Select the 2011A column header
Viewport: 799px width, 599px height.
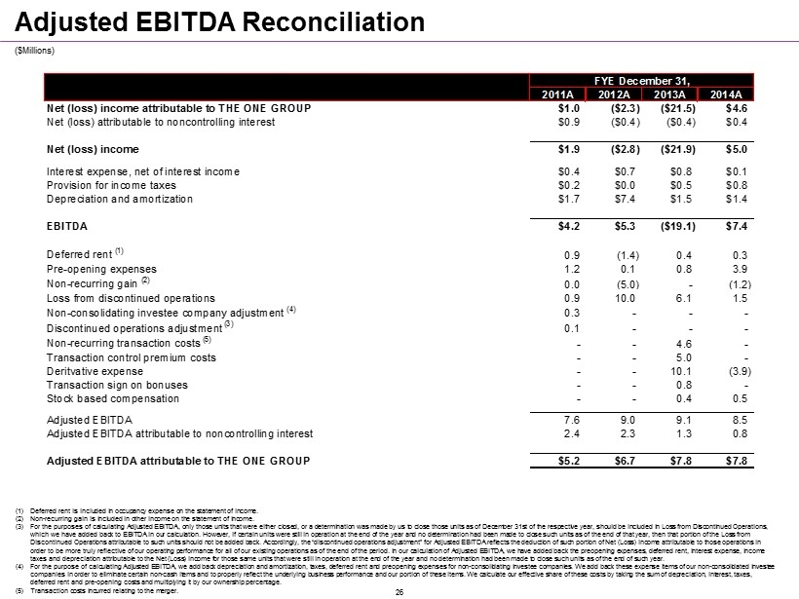[557, 94]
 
